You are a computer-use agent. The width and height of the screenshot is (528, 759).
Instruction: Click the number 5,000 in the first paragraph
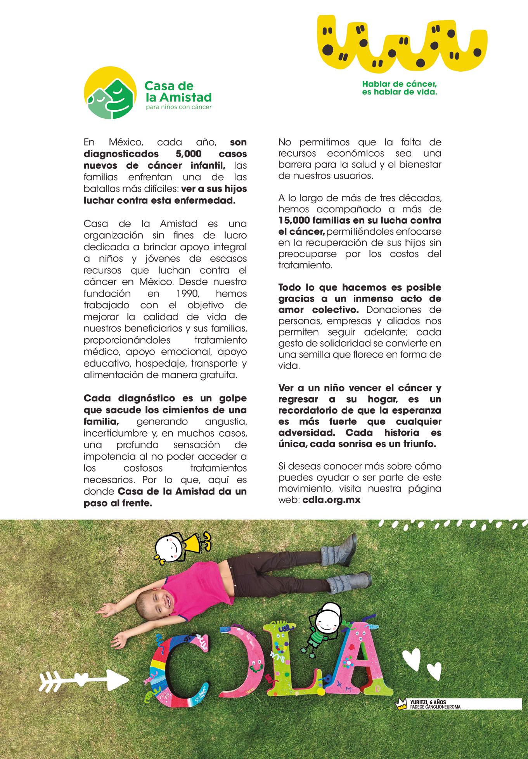(x=188, y=154)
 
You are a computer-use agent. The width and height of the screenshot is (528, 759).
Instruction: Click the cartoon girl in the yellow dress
(x=182, y=547)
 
